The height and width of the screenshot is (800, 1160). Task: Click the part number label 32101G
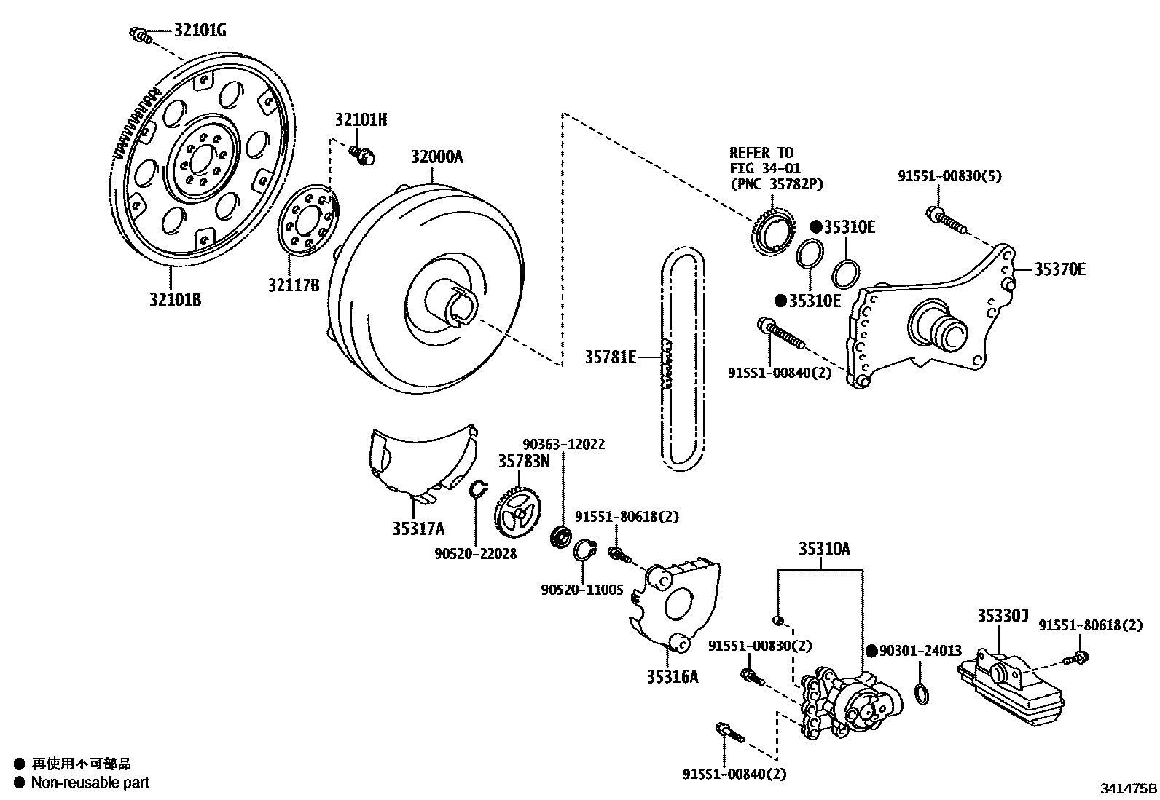(x=200, y=31)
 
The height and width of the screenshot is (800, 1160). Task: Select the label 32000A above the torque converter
(x=436, y=157)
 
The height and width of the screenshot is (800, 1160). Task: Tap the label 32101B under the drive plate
(x=176, y=299)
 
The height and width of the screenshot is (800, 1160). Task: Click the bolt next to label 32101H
(x=361, y=154)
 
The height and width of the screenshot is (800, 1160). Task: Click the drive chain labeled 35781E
(x=683, y=357)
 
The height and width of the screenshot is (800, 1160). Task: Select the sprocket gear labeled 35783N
(x=519, y=513)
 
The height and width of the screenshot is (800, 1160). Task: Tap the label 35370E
(x=1060, y=269)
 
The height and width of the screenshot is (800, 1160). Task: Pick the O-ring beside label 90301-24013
(x=922, y=693)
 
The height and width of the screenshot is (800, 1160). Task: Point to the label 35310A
(x=823, y=550)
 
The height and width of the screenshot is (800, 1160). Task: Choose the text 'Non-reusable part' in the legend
(x=90, y=783)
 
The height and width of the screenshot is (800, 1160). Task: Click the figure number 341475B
(x=1128, y=788)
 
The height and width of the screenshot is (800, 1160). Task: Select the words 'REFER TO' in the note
(x=761, y=153)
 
